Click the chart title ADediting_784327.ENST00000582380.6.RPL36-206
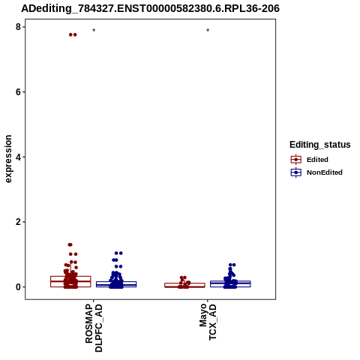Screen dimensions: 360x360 click(x=150, y=8)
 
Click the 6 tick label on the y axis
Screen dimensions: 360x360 click(x=18, y=92)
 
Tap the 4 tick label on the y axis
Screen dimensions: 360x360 click(x=18, y=157)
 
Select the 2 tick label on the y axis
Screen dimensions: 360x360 click(x=18, y=222)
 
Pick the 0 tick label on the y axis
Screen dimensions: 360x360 click(x=18, y=287)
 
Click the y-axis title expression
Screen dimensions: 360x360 click(x=8, y=159)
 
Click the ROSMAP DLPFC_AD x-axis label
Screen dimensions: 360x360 click(x=94, y=328)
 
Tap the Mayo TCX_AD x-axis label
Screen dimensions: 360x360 click(x=208, y=322)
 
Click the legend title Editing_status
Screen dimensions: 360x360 click(x=320, y=145)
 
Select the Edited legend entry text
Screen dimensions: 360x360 click(x=317, y=160)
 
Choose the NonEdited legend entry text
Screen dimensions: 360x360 click(x=325, y=172)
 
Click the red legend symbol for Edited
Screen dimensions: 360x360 click(x=296, y=160)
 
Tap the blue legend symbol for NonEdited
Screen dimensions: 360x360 click(x=296, y=172)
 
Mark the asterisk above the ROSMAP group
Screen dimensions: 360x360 click(x=94, y=31)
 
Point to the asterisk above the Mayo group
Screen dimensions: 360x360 click(x=208, y=31)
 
